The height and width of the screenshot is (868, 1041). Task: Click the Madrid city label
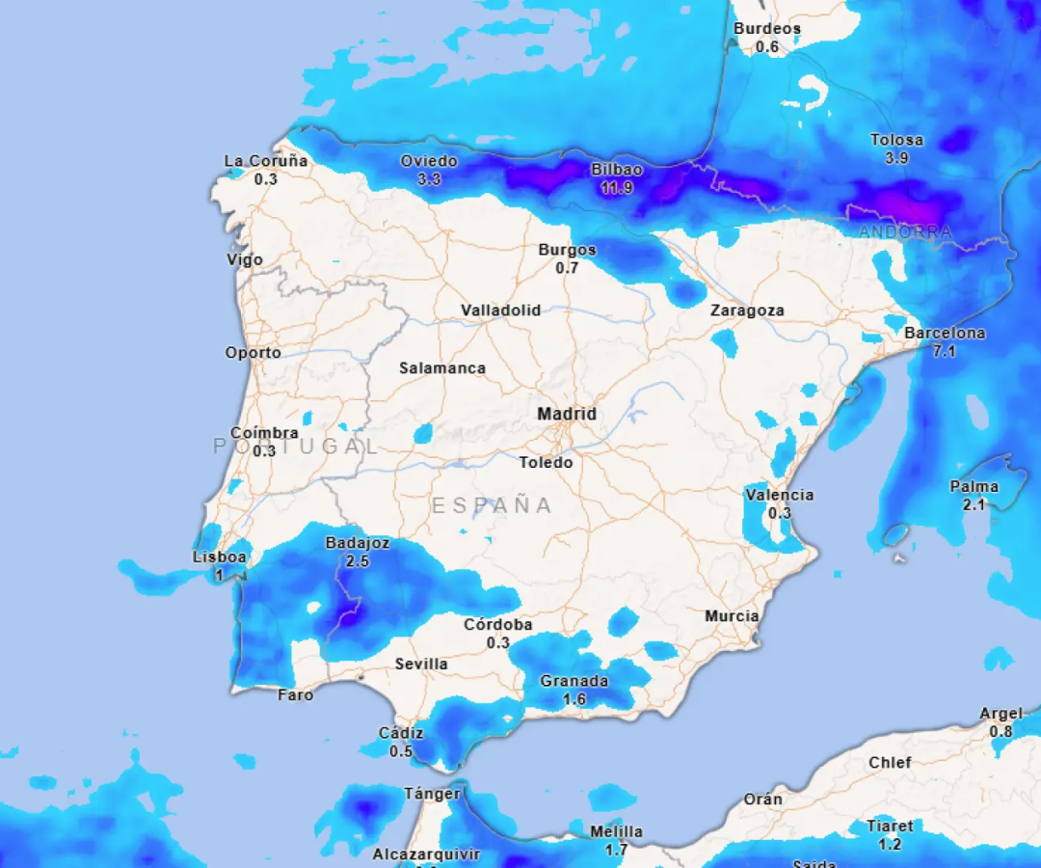(x=567, y=414)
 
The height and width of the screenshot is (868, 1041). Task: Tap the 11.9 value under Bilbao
(x=617, y=188)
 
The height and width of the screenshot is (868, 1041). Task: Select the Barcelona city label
(x=945, y=334)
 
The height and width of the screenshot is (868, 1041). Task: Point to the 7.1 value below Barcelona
(x=945, y=351)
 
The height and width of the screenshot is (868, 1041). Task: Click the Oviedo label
(x=429, y=161)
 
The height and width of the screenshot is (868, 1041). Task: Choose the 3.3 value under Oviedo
(x=429, y=179)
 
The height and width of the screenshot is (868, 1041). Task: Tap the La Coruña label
(x=266, y=161)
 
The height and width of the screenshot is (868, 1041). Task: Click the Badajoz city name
(x=358, y=543)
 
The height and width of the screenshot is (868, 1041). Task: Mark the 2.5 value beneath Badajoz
(x=358, y=561)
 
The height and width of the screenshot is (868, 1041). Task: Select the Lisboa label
(x=220, y=557)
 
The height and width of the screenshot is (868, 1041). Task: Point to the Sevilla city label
(x=421, y=665)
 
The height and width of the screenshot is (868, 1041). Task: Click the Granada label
(x=574, y=681)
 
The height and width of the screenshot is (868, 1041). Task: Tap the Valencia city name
(x=779, y=496)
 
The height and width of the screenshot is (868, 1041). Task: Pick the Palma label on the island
(x=974, y=487)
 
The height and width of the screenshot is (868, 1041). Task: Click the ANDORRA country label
(x=905, y=232)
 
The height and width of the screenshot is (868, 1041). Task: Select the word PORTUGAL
(x=296, y=446)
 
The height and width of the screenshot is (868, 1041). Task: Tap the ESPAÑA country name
(x=492, y=505)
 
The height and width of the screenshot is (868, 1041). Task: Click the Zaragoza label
(x=747, y=311)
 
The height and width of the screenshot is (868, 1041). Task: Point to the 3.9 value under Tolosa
(x=896, y=158)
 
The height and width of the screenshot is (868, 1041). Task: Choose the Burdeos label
(x=767, y=29)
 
